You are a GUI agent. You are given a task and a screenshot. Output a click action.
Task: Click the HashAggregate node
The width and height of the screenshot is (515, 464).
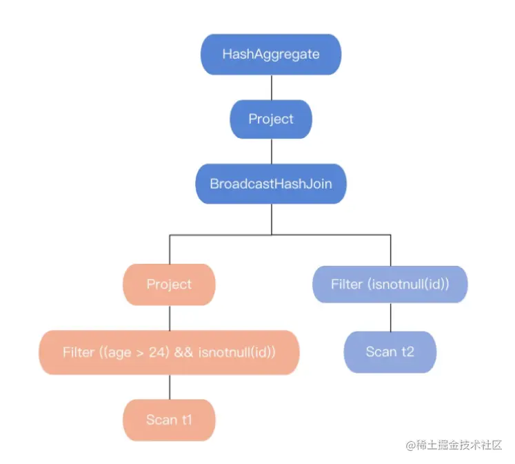[271, 54]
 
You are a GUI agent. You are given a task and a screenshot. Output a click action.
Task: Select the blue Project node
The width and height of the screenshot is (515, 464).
[271, 119]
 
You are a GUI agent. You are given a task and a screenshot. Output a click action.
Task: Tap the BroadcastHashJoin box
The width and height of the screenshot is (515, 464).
[271, 184]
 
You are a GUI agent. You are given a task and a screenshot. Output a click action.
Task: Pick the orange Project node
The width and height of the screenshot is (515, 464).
[169, 284]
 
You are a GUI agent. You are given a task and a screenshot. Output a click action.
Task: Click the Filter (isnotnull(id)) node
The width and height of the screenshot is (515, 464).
[390, 284]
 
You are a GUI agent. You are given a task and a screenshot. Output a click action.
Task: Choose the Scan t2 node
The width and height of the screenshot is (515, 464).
[390, 351]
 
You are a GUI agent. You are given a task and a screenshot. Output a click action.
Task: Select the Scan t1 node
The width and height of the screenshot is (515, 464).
[169, 419]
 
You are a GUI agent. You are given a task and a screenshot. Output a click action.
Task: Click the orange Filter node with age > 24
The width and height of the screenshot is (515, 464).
[169, 352]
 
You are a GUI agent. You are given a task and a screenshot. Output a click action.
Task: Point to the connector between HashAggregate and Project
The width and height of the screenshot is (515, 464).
[271, 86]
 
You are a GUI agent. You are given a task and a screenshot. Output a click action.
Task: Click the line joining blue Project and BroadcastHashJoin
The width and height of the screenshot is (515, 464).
[271, 151]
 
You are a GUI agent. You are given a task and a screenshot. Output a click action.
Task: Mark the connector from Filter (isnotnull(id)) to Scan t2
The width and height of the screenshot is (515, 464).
[390, 317]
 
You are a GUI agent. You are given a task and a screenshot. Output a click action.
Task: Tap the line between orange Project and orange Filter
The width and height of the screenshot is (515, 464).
[169, 318]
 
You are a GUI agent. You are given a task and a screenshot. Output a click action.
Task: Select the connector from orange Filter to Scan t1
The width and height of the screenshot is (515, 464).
[169, 386]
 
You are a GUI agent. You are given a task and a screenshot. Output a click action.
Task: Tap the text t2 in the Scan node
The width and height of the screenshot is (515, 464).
[407, 351]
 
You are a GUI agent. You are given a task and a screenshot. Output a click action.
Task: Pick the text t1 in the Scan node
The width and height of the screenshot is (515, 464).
[185, 419]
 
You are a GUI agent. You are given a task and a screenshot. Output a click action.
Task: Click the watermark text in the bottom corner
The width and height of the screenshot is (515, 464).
[455, 445]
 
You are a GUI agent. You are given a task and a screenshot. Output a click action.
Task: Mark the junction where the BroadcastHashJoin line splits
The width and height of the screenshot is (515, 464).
[271, 235]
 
